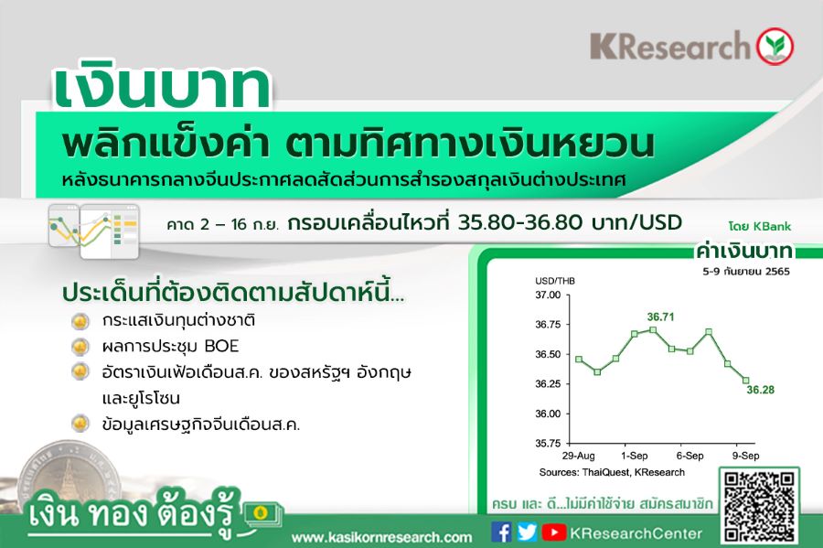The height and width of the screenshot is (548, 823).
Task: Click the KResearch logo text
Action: pos(670,46)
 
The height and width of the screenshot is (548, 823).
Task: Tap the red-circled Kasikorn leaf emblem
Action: pos(775,46)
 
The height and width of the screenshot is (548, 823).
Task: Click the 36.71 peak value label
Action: pos(660,317)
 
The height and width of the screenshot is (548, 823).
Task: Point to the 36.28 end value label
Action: pos(761,390)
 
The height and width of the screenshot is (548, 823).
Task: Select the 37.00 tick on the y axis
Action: pos(548,295)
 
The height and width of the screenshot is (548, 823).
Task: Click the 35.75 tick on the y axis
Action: pos(548,443)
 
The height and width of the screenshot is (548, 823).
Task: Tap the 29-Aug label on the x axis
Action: pos(579,456)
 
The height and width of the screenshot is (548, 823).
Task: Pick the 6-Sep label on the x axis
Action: pos(689,456)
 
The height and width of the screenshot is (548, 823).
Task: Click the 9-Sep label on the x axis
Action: pos(746,456)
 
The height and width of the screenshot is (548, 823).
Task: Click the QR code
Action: pos(759,506)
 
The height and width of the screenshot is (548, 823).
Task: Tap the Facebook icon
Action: pos(501,532)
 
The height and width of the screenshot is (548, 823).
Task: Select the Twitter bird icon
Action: pos(527,532)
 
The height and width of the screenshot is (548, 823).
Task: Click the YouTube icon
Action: pos(554,532)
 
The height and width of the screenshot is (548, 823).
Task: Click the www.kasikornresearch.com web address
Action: pos(382,537)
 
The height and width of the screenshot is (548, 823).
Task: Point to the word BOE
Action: pos(221,346)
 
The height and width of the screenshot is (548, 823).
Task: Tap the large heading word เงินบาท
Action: pos(162,88)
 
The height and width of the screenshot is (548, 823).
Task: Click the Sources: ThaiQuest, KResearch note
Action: pos(612,472)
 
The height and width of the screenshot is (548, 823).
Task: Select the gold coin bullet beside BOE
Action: pos(80,346)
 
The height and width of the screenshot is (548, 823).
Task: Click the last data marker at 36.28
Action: pos(746,380)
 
